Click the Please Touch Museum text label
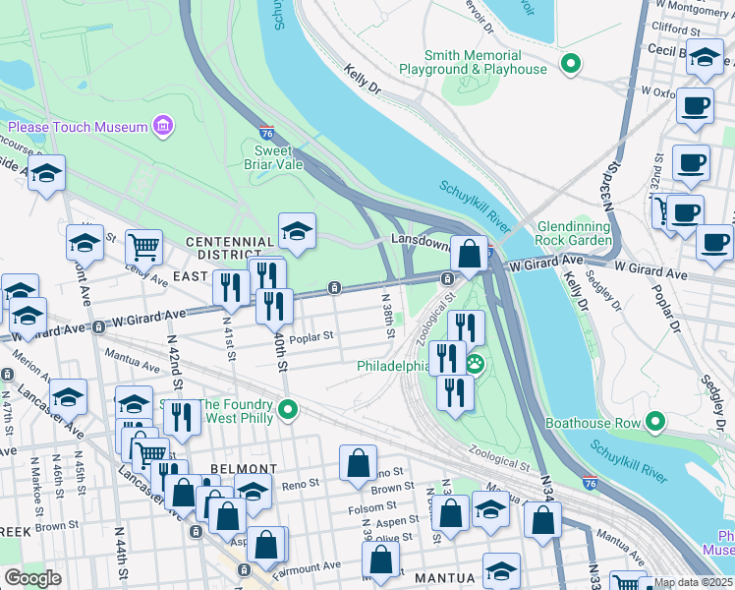(x=77, y=127)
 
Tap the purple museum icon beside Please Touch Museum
(x=163, y=126)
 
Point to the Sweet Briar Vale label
(x=274, y=157)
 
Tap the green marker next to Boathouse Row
(x=653, y=424)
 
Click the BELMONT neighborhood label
(x=244, y=469)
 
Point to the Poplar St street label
(x=311, y=334)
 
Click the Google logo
(x=32, y=579)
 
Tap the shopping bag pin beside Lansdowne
(x=472, y=254)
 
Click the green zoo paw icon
(x=475, y=364)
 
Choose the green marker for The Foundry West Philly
(x=287, y=408)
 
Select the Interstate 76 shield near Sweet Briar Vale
(x=267, y=132)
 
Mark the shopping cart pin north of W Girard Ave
(x=143, y=246)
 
